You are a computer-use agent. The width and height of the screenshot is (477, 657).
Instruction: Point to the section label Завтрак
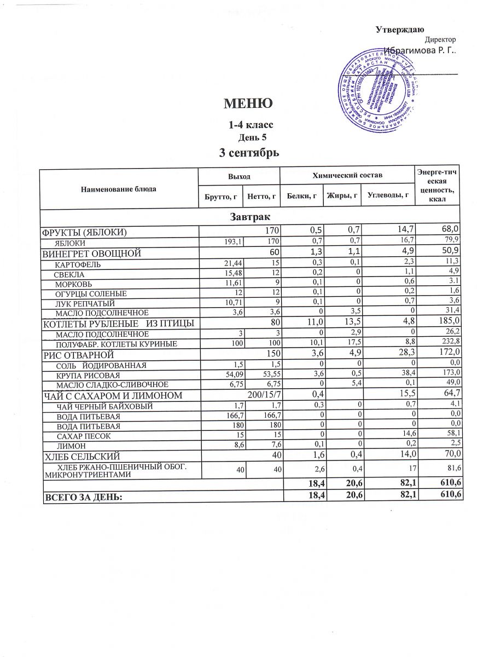[x=250, y=217]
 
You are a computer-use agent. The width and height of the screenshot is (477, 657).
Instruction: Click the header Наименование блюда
[x=119, y=188]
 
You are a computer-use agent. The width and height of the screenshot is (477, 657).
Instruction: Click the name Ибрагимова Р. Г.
[x=420, y=50]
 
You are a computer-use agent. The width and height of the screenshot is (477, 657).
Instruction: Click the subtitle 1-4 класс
[x=251, y=125]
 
